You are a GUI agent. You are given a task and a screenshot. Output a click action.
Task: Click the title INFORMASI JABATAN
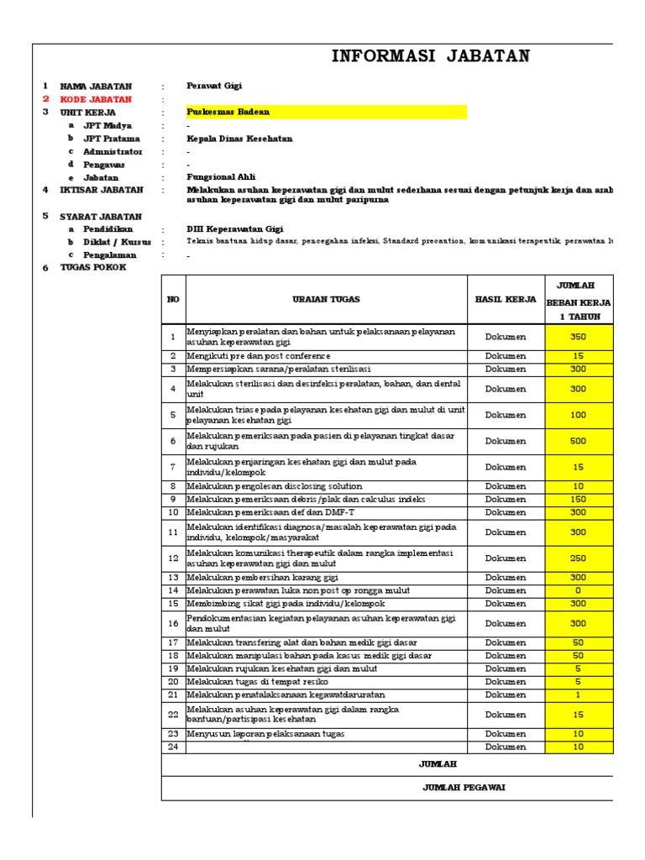(431, 57)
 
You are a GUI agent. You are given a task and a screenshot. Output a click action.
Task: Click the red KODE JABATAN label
(96, 99)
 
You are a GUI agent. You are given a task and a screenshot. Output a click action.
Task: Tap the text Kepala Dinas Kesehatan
(239, 139)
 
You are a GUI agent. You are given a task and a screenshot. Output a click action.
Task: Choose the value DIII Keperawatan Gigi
(234, 228)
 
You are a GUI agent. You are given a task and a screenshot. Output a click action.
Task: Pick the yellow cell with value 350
(579, 337)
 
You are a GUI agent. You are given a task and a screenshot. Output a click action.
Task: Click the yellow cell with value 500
(579, 441)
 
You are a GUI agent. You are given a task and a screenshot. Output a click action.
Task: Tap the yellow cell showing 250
(579, 558)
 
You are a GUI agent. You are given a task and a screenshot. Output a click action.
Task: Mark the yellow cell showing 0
(579, 590)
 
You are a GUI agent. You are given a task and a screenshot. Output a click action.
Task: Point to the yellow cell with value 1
(579, 695)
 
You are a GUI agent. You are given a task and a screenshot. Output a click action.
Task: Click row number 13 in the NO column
(173, 578)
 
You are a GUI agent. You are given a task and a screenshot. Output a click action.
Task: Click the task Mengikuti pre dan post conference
(259, 356)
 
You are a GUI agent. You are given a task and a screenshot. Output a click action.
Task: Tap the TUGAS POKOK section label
(92, 267)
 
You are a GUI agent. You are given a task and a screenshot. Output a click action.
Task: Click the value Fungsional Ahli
(220, 177)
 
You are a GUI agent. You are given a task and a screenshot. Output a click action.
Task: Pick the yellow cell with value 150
(579, 499)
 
